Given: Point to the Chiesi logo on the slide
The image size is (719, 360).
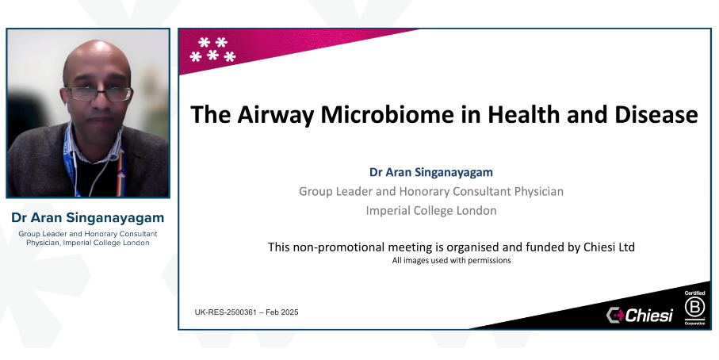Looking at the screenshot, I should (639, 315).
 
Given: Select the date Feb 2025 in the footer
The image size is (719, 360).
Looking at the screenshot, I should (282, 312).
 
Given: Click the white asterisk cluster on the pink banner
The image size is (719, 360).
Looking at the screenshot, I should (212, 49).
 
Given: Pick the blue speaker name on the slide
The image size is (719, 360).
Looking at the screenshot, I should (430, 172).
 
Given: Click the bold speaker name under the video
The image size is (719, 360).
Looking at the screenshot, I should (87, 216).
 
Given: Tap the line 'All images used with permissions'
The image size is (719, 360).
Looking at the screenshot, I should (451, 261).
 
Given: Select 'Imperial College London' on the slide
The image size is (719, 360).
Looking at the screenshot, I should (430, 211).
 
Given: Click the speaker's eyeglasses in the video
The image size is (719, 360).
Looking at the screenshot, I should (99, 94).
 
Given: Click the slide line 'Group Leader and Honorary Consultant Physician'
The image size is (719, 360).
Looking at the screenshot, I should (430, 191).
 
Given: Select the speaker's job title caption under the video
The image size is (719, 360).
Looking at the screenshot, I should (87, 238).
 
